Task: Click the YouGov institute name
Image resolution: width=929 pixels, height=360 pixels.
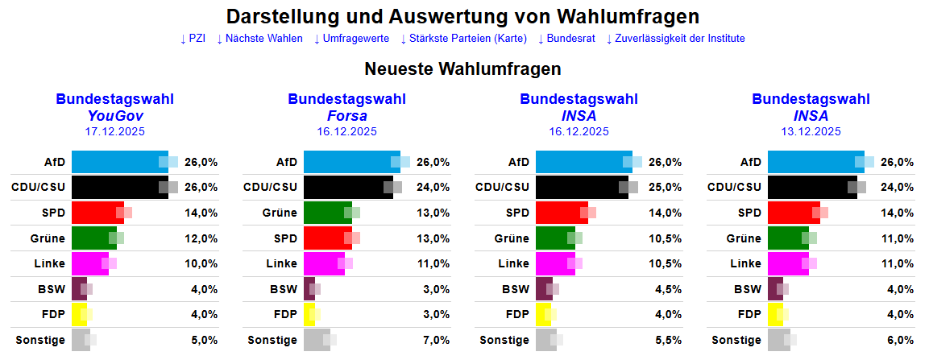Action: click(114, 116)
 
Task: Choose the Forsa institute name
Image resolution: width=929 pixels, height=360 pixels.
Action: click(346, 116)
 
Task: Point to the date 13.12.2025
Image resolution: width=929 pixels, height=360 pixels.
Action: click(811, 131)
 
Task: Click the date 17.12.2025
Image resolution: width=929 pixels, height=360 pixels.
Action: click(114, 131)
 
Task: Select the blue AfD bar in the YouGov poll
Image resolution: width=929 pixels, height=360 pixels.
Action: click(119, 162)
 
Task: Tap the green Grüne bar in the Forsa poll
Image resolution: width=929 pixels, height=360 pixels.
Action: click(327, 213)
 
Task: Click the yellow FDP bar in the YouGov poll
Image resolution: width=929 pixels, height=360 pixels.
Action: click(78, 314)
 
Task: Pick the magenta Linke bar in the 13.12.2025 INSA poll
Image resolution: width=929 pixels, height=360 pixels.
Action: click(787, 263)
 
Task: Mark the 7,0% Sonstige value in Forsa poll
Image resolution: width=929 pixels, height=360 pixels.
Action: click(436, 340)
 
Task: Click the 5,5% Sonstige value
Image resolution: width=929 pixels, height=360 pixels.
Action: click(668, 340)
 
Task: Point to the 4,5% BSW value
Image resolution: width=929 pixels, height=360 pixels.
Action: click(668, 289)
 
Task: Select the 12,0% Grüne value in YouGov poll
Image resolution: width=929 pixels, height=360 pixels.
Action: click(201, 238)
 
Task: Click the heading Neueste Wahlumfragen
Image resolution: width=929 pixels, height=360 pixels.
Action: click(462, 69)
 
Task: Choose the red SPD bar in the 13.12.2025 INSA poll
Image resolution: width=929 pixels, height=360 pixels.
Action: click(793, 213)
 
